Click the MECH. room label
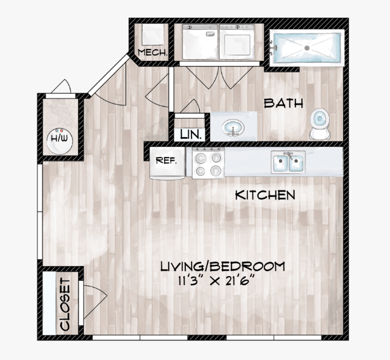pos(152,52)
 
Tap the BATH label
pos(283,103)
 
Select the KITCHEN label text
pos(265,195)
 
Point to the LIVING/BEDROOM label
pos(223,267)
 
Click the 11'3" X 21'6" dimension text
pos(217,281)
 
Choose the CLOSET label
pos(65,304)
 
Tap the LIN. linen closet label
pos(190,135)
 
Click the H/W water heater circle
pos(60,141)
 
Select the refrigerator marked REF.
pos(167,163)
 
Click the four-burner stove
pos(208,163)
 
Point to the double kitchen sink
pos(289,162)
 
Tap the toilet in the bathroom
pos(320,124)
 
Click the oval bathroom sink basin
pos(233,128)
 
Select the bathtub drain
pos(307,48)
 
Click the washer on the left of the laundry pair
pos(200,41)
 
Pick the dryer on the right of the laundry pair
pos(237,41)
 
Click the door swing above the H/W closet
pos(62,86)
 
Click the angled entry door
pos(108,75)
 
